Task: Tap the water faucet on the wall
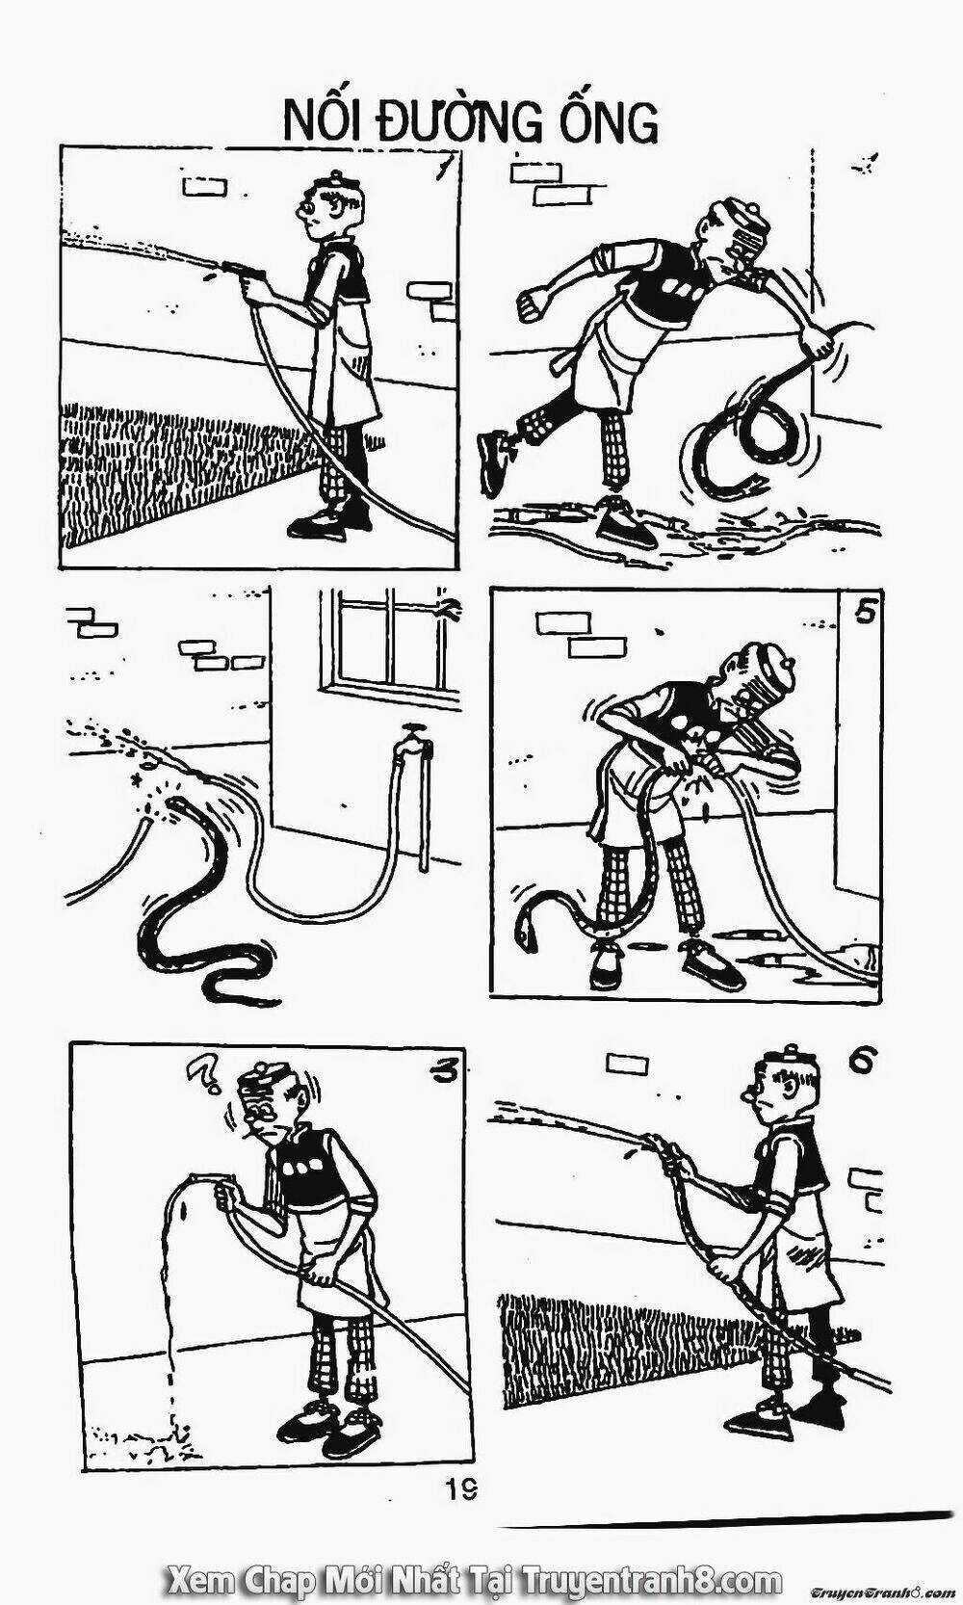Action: tap(413, 740)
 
